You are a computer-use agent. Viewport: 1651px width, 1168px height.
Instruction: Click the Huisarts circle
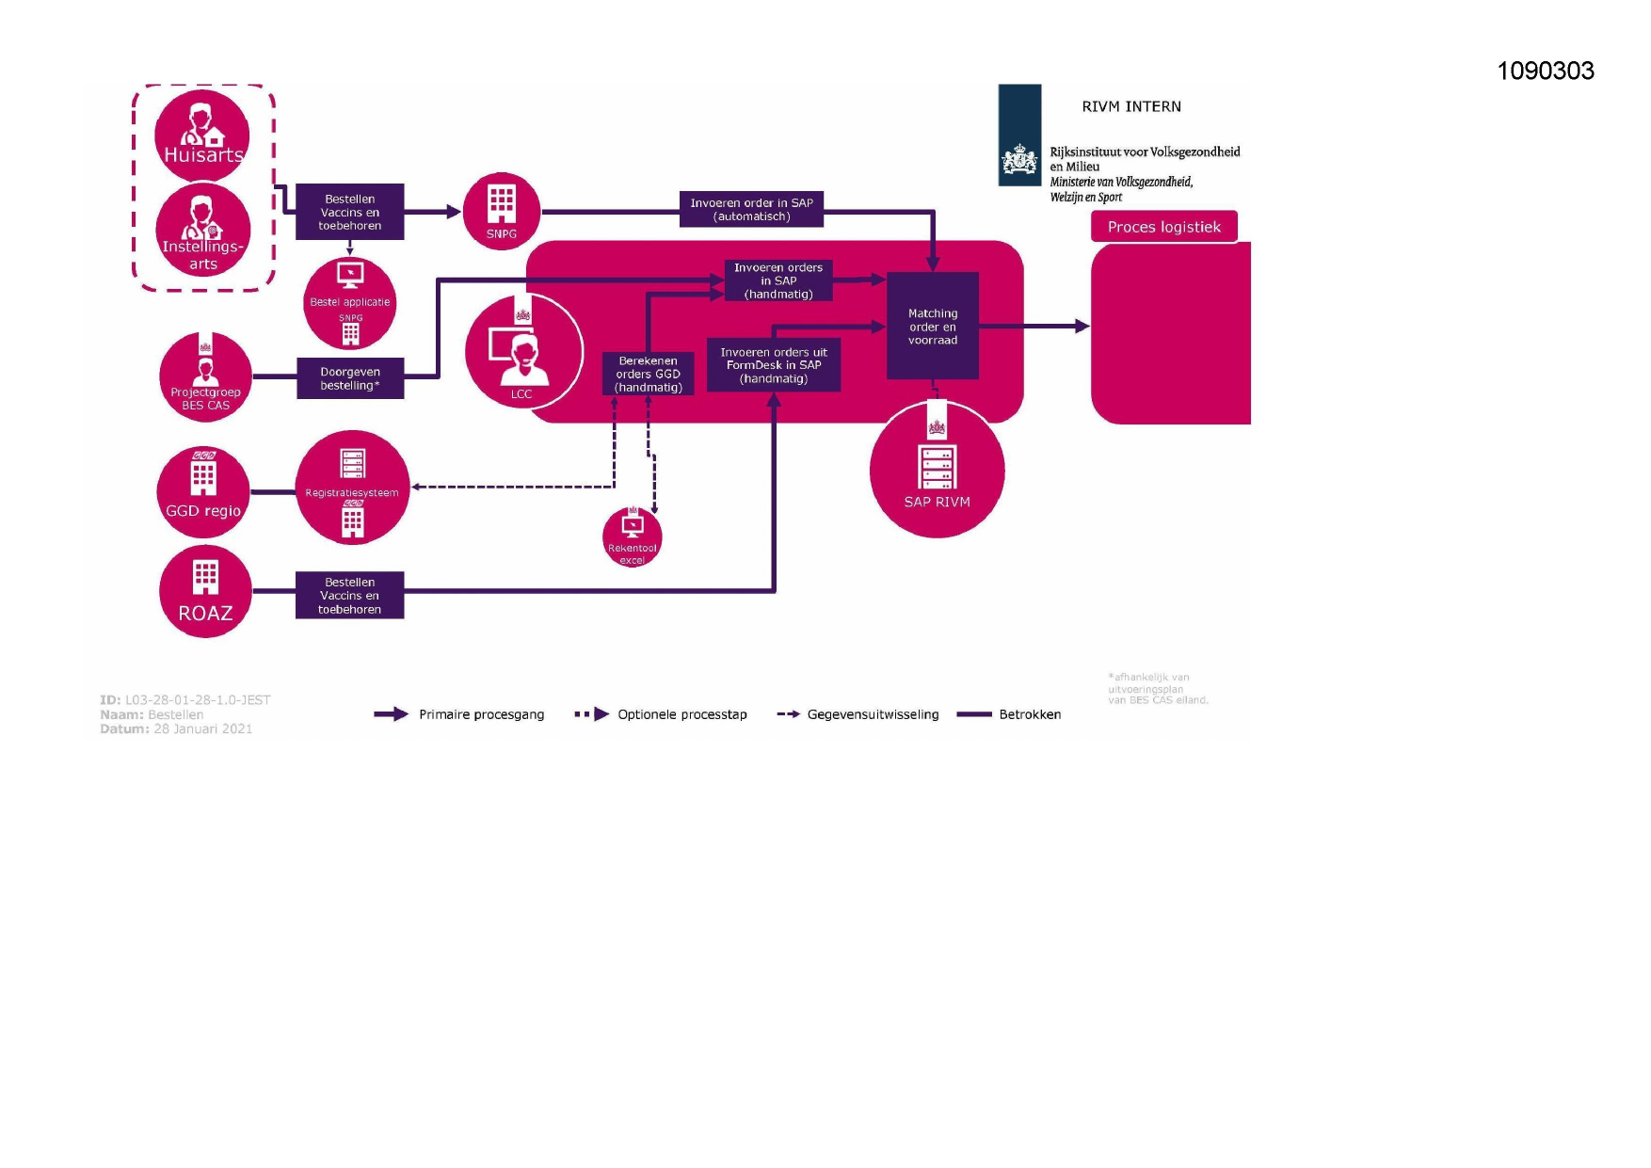coord(202,134)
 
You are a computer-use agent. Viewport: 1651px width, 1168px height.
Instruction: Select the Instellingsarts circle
coord(203,231)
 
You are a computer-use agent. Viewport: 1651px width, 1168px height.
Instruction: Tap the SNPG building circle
coord(502,212)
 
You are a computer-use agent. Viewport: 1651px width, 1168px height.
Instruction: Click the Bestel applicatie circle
coord(350,303)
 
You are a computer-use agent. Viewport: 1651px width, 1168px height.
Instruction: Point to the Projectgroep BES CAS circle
coord(205,377)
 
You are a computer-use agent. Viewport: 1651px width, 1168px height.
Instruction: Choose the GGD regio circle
coord(203,491)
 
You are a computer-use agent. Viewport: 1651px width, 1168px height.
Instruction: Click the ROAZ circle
coord(205,591)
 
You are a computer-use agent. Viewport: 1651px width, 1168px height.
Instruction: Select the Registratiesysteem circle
coord(352,488)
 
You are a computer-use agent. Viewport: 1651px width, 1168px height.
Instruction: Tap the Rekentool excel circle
coord(633,537)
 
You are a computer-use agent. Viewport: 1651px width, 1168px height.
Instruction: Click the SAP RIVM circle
coord(937,470)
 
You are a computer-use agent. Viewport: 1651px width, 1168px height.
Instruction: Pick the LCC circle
coord(523,351)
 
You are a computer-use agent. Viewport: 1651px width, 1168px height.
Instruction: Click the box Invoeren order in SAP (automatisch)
coord(751,210)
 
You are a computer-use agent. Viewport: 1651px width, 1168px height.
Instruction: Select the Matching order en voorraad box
coord(932,327)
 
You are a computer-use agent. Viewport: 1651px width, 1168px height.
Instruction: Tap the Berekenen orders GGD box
coord(649,374)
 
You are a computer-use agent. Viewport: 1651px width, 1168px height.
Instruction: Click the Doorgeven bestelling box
coord(350,378)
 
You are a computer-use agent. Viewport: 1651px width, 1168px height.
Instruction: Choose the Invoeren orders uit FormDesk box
coord(774,365)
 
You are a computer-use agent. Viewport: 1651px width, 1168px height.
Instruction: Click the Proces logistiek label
coord(1163,227)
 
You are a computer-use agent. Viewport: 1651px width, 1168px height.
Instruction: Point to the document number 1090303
coord(1545,71)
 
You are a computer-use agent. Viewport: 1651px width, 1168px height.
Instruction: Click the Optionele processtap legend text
coord(681,714)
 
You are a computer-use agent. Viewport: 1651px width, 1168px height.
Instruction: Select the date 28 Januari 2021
coord(202,728)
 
